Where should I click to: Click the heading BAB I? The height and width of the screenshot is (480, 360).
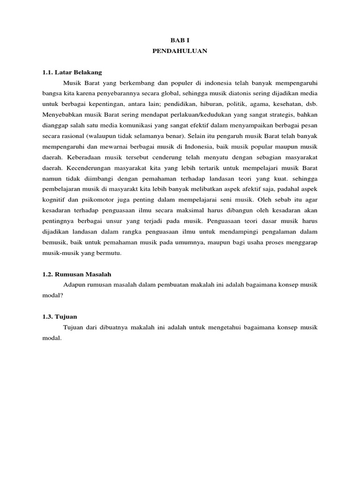click(x=180, y=41)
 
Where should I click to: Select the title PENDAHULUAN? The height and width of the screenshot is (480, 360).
click(x=180, y=52)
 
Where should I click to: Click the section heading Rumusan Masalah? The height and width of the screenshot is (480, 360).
click(x=83, y=274)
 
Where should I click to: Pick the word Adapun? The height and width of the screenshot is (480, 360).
click(x=73, y=285)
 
